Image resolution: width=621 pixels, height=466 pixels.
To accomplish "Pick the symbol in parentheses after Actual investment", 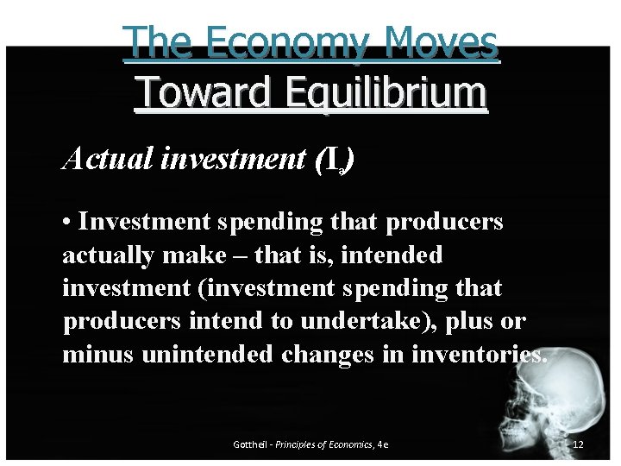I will pos(333,159).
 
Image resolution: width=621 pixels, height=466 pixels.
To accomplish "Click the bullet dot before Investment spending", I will pos(67,223).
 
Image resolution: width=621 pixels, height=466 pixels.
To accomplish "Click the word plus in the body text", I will pos(471,321).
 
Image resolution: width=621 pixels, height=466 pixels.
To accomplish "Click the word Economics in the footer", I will pos(344,444).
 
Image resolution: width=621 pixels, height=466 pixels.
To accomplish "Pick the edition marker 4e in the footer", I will pos(382,444).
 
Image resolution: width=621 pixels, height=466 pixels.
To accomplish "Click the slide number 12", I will pos(577,444).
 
